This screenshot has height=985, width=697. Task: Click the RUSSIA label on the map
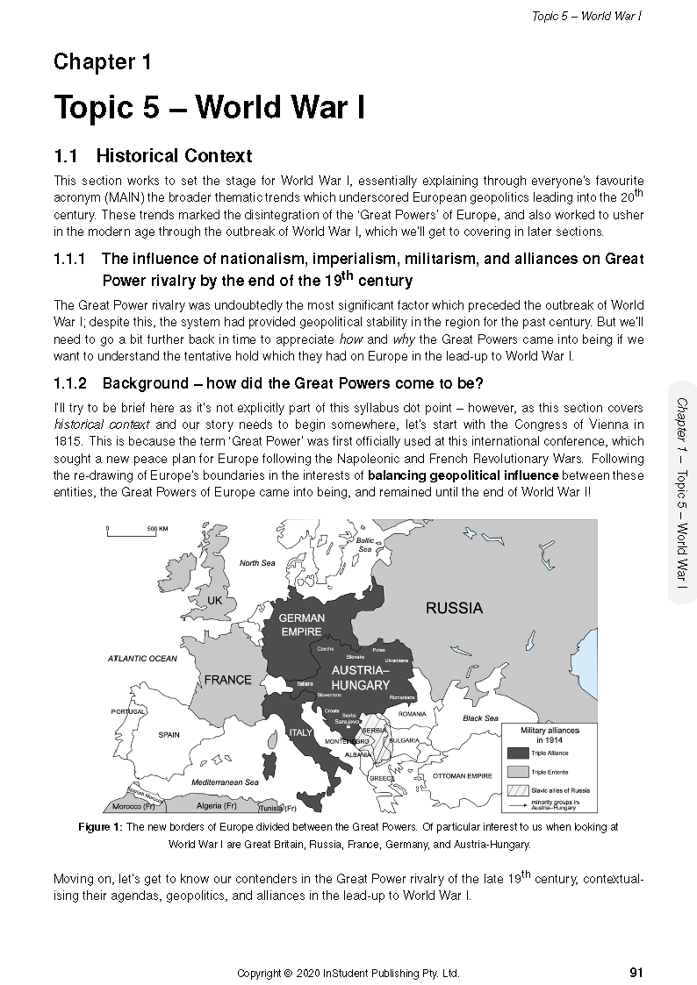(x=454, y=608)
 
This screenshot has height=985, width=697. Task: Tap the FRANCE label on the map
(x=227, y=680)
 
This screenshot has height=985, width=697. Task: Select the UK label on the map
(x=215, y=600)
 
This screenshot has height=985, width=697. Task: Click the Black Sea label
(x=480, y=718)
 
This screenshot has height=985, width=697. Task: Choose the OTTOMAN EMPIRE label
(x=463, y=776)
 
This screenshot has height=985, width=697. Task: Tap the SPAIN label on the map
(x=169, y=735)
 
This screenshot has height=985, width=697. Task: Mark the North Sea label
(x=257, y=563)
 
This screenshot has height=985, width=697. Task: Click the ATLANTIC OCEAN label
(x=142, y=658)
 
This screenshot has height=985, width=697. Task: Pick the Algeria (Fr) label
(x=216, y=805)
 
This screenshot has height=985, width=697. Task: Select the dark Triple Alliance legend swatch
(x=518, y=753)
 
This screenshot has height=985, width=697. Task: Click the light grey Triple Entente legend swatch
(x=518, y=771)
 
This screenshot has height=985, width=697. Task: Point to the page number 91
(x=637, y=972)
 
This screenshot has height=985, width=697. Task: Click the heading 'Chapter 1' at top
(x=103, y=62)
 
